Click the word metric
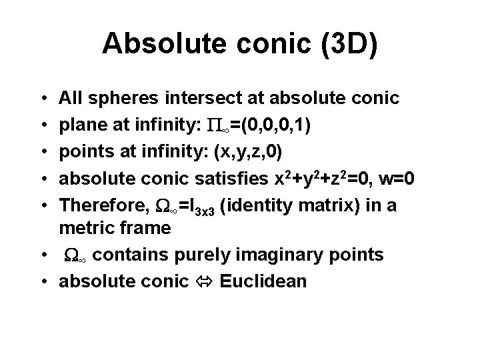83,229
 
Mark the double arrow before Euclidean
202,281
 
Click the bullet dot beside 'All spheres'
43,99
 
